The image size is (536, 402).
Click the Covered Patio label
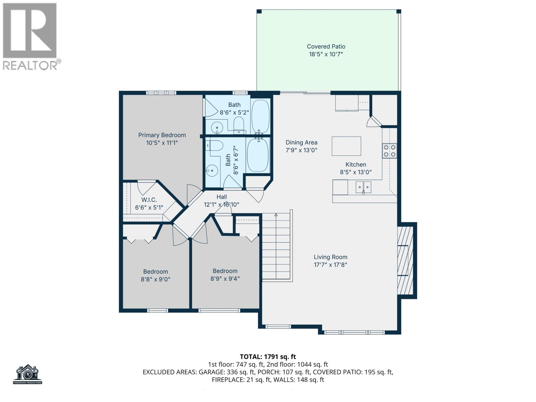point(326,47)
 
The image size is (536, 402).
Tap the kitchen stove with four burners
point(390,151)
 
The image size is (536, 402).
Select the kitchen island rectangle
point(346,146)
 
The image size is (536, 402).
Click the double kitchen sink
point(363,187)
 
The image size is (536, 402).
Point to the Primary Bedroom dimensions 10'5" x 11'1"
point(162,143)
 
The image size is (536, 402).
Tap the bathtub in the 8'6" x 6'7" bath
point(258,155)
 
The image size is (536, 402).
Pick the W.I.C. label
point(149,200)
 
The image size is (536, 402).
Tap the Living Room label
point(330,257)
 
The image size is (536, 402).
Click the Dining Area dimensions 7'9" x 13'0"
point(301,150)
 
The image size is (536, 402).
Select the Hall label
point(221,197)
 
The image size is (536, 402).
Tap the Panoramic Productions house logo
point(28,374)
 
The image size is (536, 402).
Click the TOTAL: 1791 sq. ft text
point(268,357)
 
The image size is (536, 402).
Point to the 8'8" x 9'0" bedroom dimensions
point(155,279)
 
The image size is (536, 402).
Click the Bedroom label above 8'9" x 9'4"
point(225,271)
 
